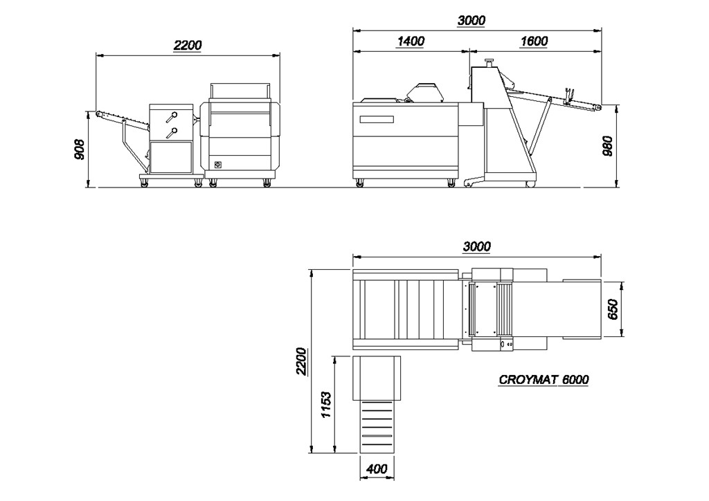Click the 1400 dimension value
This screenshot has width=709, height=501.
pos(411,41)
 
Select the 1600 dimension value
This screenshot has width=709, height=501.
pos(534,41)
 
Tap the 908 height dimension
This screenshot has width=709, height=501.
pos(79,149)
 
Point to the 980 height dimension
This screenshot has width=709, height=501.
pos(607,145)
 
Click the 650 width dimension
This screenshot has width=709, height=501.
pos(613,309)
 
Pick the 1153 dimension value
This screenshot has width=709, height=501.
pos(325,405)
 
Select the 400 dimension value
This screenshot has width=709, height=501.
pos(377,469)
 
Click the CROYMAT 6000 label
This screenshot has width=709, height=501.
pos(544,379)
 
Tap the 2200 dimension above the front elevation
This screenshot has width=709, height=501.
pos(188,45)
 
